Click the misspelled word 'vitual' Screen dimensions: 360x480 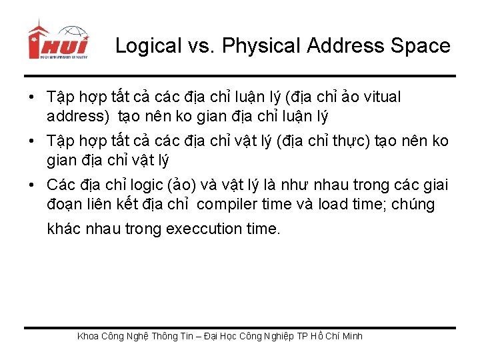(382, 97)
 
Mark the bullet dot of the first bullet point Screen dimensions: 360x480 (31, 98)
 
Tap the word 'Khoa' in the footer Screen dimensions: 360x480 (89, 336)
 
